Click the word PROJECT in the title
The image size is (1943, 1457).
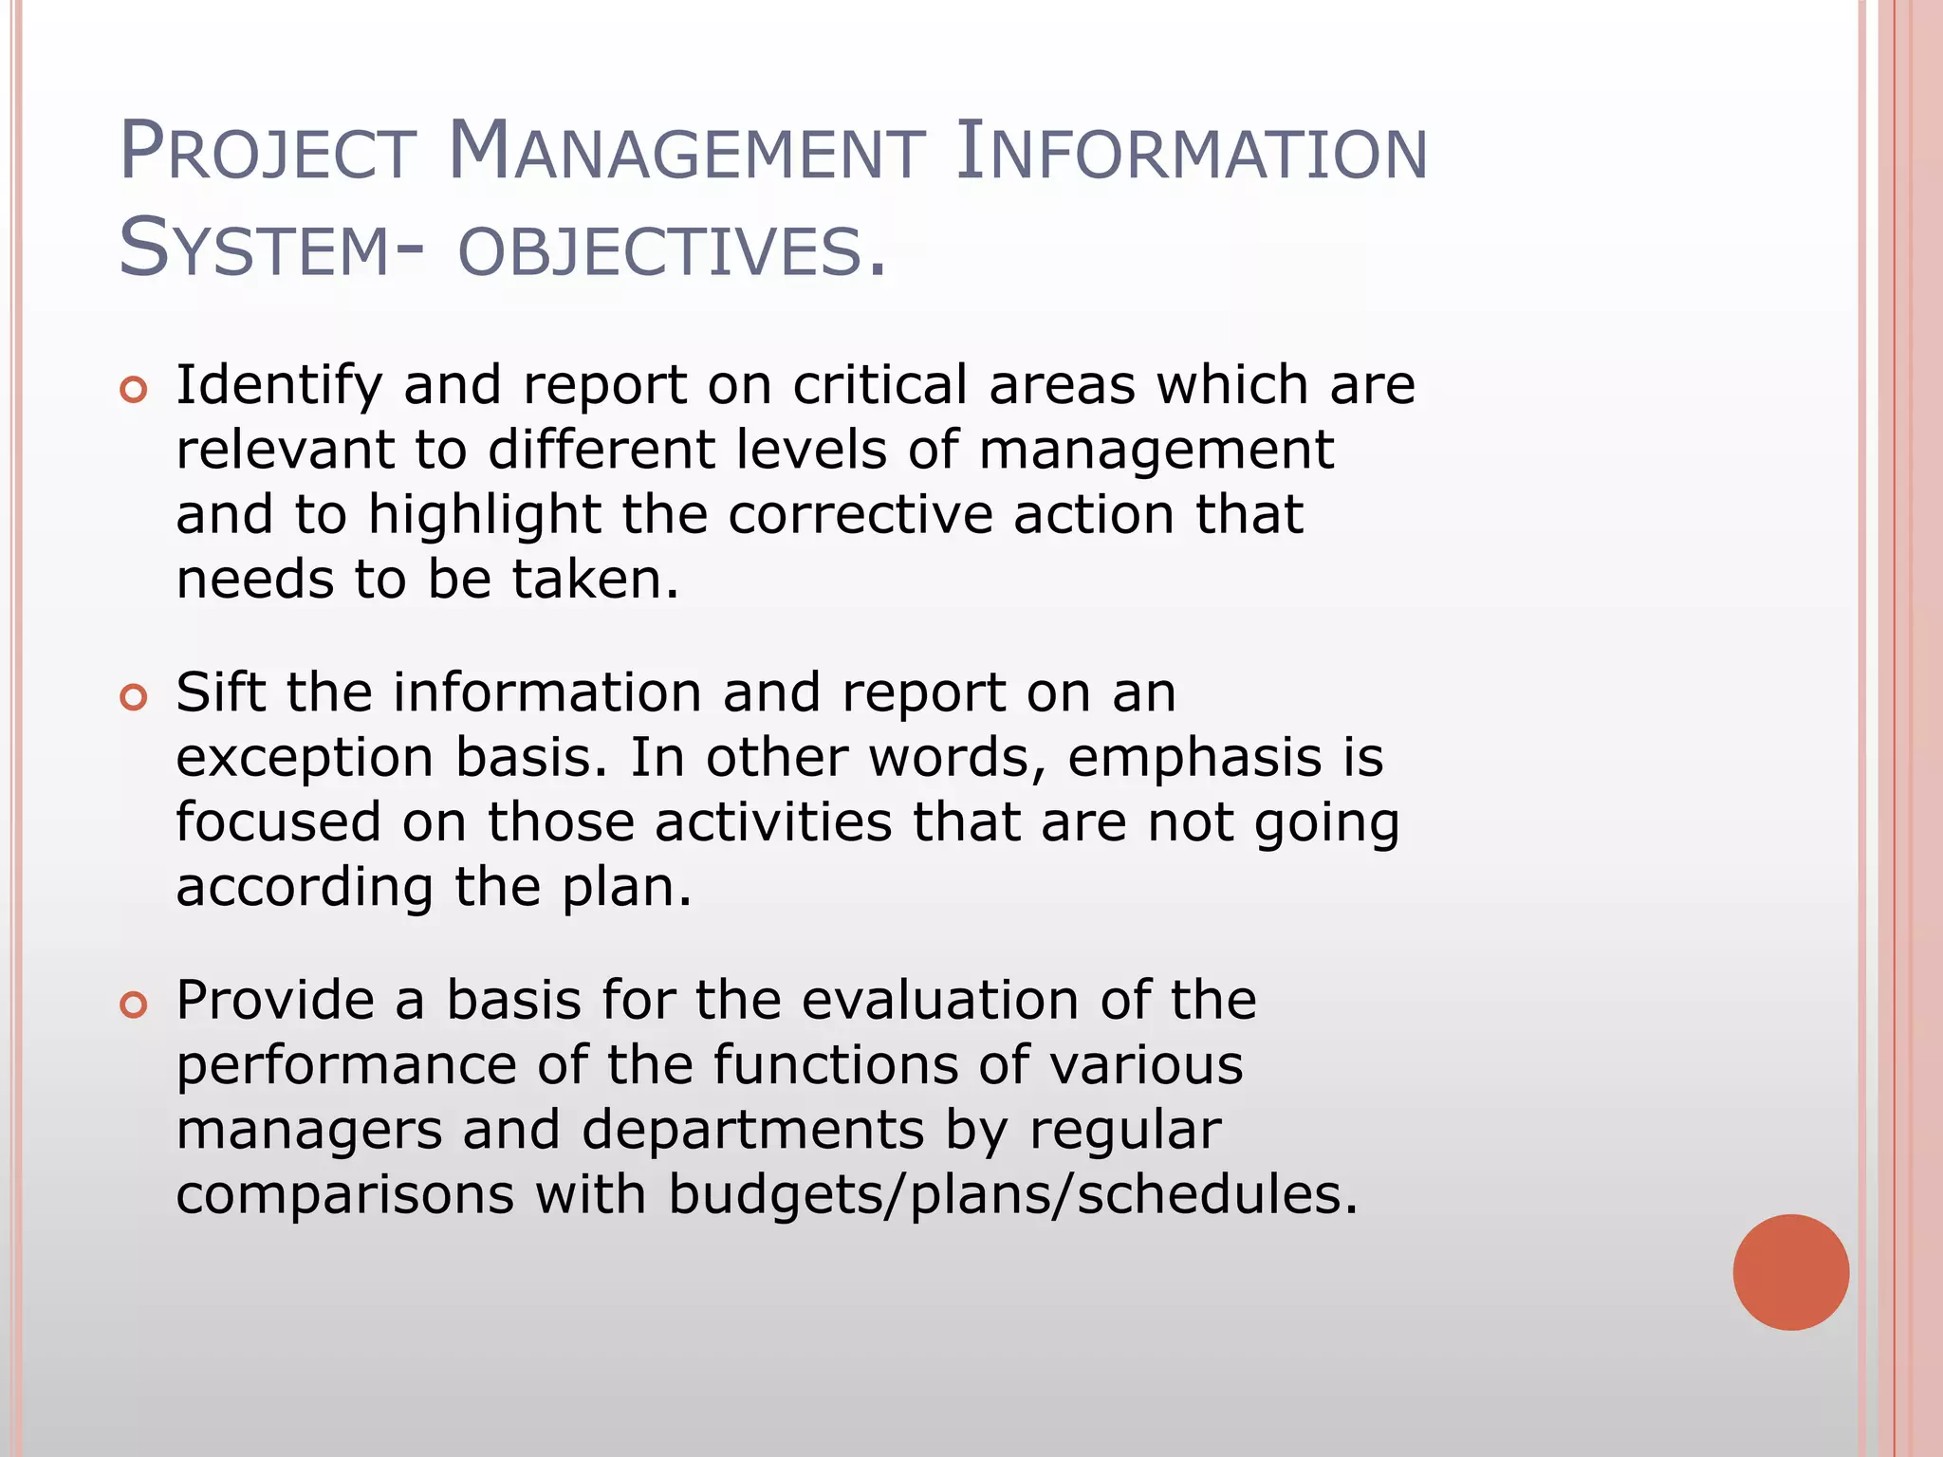pos(268,152)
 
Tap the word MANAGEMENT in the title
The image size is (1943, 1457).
pos(685,152)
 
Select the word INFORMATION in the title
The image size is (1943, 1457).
pos(1191,152)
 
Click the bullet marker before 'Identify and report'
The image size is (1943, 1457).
pos(134,389)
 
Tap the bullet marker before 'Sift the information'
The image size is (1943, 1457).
pos(134,697)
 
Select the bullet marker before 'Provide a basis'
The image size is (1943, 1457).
pos(134,1005)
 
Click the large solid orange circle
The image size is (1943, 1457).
pos(1790,1272)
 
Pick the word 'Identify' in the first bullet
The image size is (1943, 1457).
pos(279,386)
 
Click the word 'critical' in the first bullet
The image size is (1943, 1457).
pos(880,386)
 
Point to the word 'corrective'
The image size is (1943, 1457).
pos(860,515)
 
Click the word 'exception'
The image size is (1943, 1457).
pos(305,758)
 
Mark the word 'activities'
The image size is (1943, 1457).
pos(772,822)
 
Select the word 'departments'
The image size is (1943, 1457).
pos(752,1131)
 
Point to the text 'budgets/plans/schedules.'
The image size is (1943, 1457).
pos(1013,1194)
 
